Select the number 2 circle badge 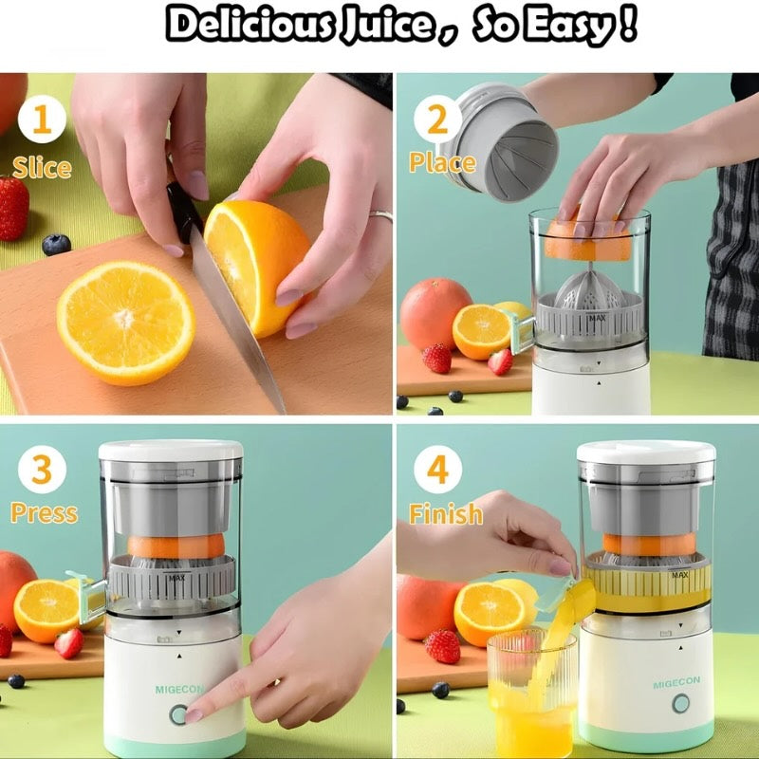(437, 120)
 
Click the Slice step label (42, 168)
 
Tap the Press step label (44, 513)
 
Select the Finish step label (445, 514)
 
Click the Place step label (442, 162)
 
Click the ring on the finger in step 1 (381, 216)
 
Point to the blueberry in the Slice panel (56, 245)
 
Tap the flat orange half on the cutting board (125, 322)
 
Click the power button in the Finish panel (680, 704)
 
